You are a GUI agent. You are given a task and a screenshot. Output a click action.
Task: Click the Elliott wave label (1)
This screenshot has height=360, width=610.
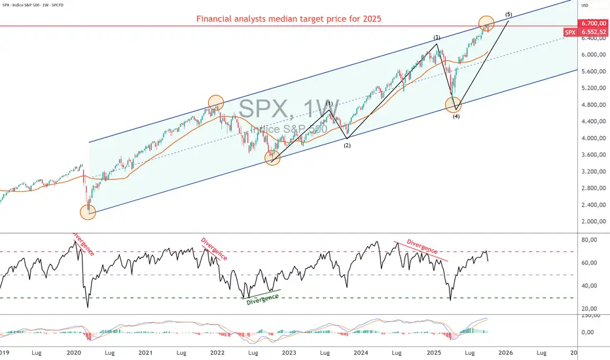click(x=329, y=103)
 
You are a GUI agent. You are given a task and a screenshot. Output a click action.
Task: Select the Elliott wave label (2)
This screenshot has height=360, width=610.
click(x=347, y=145)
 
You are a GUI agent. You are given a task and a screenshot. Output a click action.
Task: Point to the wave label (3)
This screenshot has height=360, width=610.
click(x=436, y=37)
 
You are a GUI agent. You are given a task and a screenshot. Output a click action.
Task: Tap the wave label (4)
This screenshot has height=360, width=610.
click(x=454, y=117)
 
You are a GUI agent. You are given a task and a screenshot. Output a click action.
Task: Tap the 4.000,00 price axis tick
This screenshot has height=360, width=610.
click(x=592, y=138)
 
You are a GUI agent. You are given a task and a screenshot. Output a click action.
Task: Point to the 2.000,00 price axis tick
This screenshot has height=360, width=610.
click(x=592, y=222)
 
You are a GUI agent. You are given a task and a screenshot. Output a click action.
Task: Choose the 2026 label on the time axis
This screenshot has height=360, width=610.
click(x=505, y=352)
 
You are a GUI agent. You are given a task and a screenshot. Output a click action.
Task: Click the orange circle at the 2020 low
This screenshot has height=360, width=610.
click(x=88, y=211)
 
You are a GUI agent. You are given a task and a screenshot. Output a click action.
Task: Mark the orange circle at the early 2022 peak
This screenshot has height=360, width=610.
click(x=216, y=102)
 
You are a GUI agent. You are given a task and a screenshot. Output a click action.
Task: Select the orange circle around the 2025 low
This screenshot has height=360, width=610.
click(x=453, y=104)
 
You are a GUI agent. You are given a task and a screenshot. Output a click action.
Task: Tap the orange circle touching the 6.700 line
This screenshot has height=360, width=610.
click(x=486, y=24)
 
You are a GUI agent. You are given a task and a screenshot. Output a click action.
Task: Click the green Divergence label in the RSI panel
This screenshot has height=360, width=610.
click(x=262, y=298)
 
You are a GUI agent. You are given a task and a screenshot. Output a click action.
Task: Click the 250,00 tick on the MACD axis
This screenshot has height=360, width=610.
click(x=590, y=315)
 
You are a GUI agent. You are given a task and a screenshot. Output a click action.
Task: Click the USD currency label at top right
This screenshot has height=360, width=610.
click(x=584, y=5)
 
